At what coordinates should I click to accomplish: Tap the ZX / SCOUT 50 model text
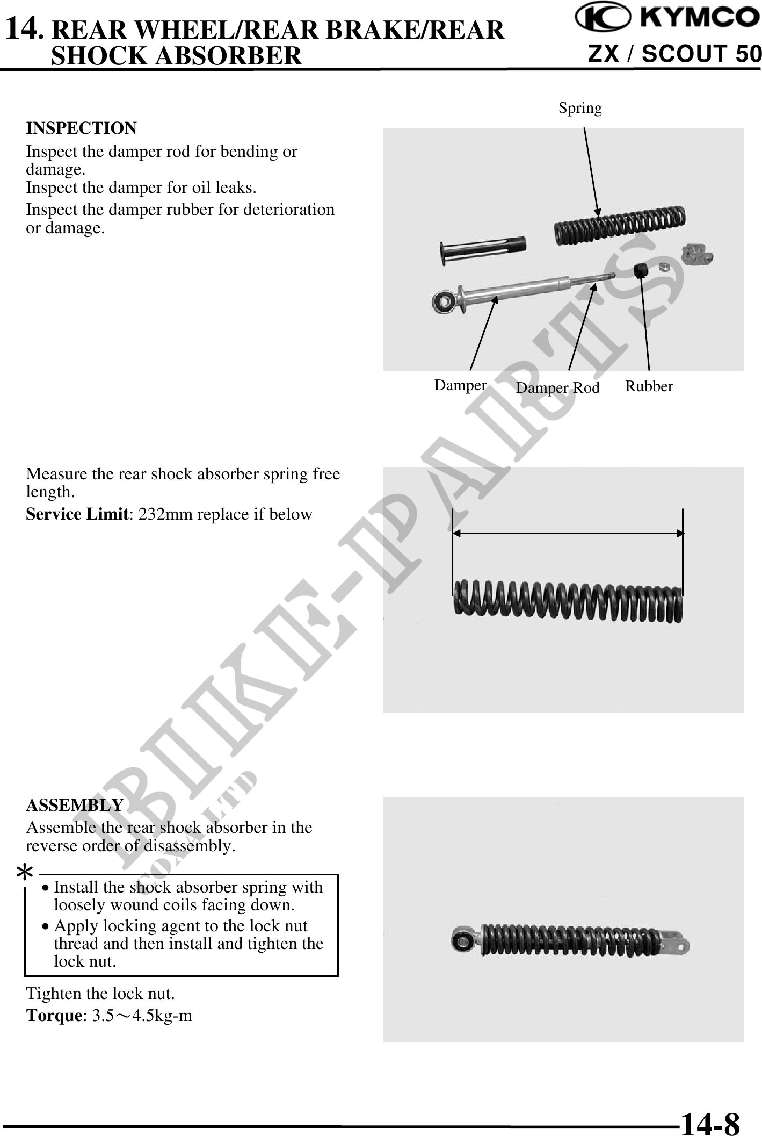674,54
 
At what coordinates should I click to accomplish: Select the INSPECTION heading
82,128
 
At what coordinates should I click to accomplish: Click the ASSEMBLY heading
75,806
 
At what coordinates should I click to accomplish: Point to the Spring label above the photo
580,108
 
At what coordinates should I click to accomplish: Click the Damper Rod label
557,387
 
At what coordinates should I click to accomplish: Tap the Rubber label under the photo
649,386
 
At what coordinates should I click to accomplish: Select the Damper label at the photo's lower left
460,385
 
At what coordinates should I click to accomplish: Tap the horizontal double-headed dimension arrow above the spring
568,533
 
